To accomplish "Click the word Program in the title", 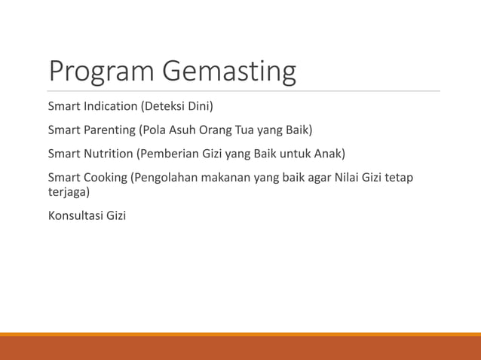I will coord(102,72).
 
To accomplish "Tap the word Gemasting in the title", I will coord(229,72).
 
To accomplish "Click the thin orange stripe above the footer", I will coord(240,334).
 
